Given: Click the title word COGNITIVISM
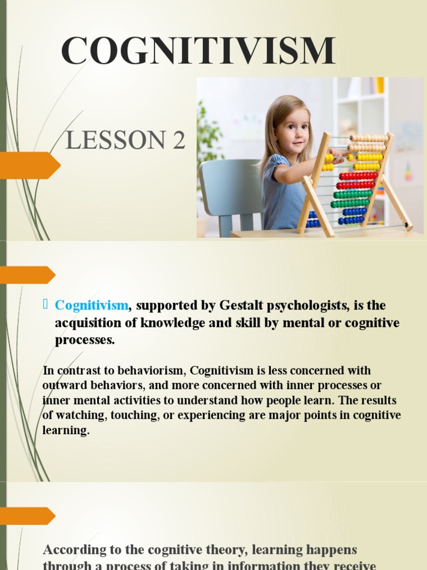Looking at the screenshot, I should pos(198,51).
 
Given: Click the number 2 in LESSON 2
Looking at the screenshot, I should pos(178,141).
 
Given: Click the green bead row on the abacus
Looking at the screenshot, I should pos(352,194).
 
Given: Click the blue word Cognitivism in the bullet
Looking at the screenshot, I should pos(92,306).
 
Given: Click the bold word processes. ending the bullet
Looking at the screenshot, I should pos(85,340).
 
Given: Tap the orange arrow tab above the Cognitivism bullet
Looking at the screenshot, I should pos(27,274).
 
